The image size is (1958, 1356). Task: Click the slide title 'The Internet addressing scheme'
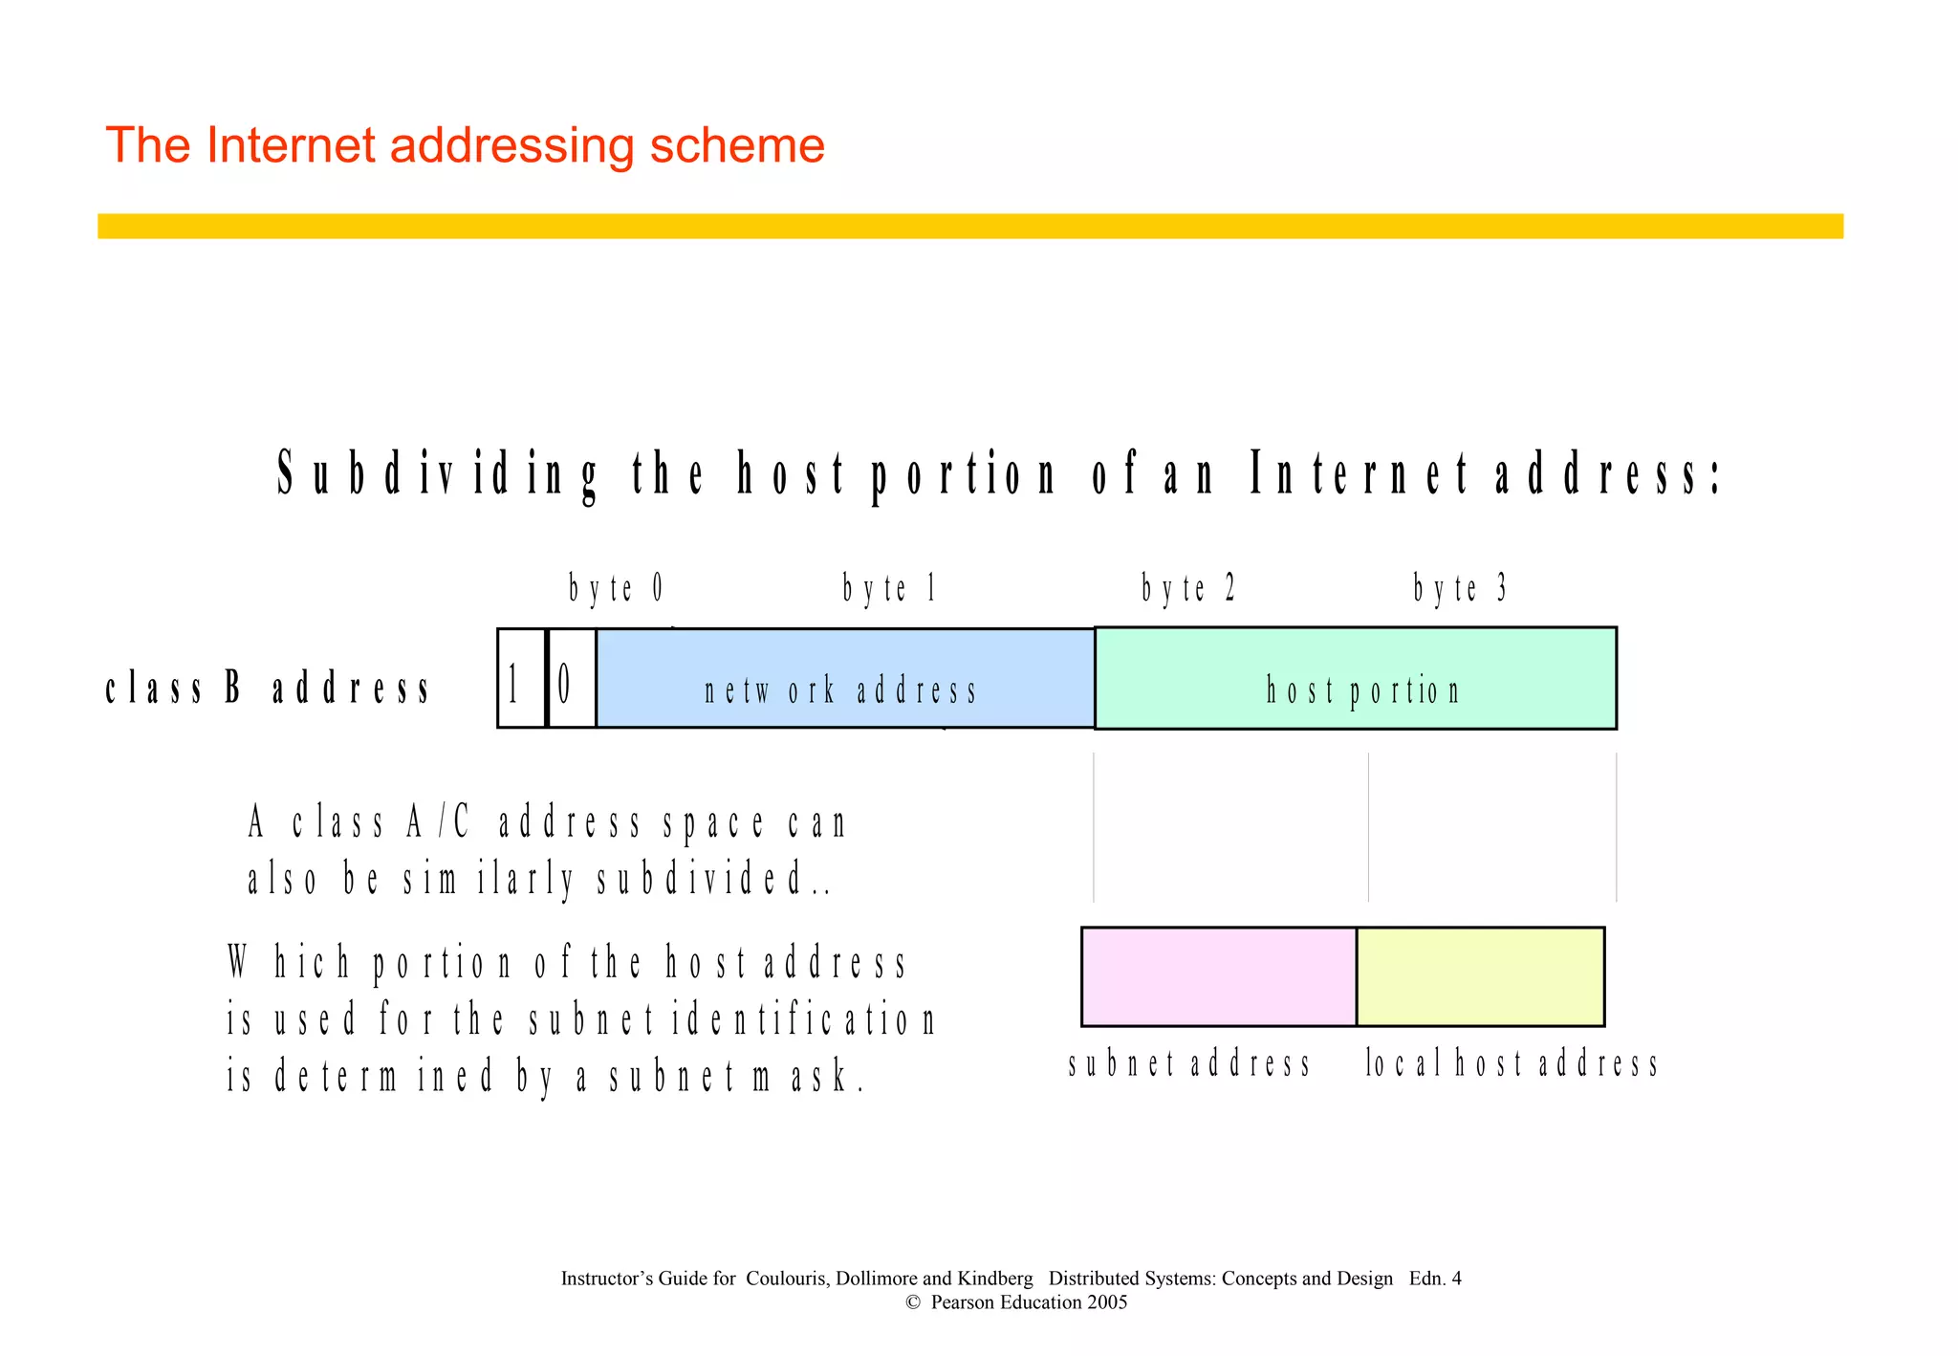point(465,145)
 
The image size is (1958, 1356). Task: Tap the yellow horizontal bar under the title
point(969,226)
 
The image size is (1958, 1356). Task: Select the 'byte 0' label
point(616,588)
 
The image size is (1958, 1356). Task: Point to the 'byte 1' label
point(889,588)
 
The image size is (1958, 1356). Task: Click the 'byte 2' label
point(1188,588)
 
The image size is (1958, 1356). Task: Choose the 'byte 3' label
point(1460,588)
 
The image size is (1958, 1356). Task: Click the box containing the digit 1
point(521,678)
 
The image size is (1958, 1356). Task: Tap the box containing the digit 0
point(571,678)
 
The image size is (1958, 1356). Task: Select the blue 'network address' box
point(844,678)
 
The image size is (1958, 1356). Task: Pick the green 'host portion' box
point(1355,678)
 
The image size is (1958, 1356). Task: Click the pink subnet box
point(1218,976)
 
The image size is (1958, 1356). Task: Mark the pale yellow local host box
point(1480,976)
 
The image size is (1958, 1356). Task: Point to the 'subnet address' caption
point(1189,1063)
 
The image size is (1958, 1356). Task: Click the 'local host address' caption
point(1512,1063)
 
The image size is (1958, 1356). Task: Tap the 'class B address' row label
point(268,688)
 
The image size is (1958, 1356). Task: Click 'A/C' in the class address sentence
point(439,822)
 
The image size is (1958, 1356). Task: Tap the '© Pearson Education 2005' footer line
point(1016,1302)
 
